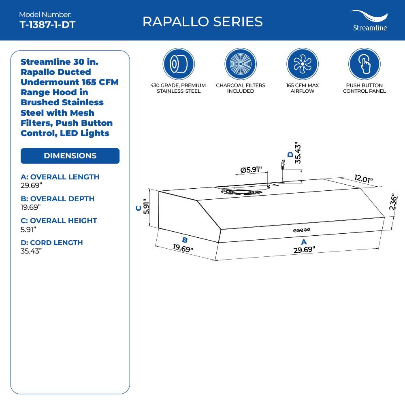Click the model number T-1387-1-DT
click(x=47, y=24)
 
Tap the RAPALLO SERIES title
click(x=202, y=21)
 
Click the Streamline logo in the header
click(x=369, y=21)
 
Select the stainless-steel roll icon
click(x=179, y=64)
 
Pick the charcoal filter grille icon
click(x=241, y=64)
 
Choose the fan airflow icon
click(x=303, y=64)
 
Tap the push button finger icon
click(x=364, y=64)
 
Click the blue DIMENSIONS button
click(x=70, y=156)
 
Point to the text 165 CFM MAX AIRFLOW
click(x=303, y=88)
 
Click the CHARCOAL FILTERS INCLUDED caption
click(x=241, y=88)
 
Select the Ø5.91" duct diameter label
click(x=251, y=170)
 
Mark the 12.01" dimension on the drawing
click(x=363, y=179)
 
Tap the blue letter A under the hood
click(x=304, y=242)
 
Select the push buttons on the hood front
click(x=302, y=230)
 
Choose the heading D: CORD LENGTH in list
click(x=51, y=243)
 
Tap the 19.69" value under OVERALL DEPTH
click(x=30, y=207)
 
